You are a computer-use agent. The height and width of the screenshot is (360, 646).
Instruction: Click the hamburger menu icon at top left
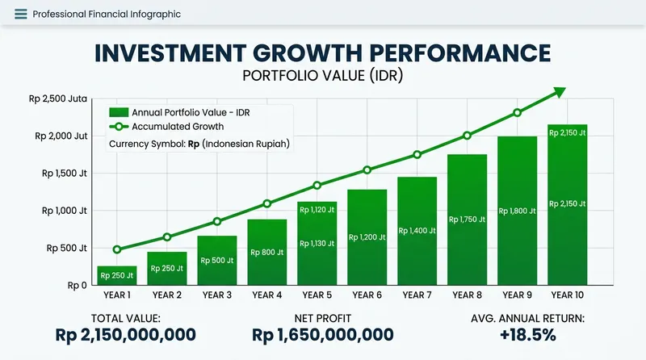click(20, 15)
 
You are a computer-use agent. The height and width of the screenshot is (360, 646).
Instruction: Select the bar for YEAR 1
click(116, 274)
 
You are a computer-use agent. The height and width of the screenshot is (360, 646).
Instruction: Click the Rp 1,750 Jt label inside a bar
click(467, 219)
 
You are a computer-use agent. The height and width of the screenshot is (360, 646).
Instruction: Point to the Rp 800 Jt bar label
click(266, 252)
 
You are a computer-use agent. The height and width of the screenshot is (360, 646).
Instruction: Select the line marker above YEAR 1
click(117, 249)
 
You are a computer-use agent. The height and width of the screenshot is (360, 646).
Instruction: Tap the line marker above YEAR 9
click(518, 112)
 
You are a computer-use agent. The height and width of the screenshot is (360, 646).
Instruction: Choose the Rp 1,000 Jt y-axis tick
click(63, 211)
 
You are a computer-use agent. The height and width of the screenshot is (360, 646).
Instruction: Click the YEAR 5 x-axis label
click(317, 295)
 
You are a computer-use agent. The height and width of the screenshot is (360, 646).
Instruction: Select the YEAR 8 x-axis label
click(467, 295)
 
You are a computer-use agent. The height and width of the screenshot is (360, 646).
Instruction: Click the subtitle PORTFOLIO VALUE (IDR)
click(323, 76)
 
